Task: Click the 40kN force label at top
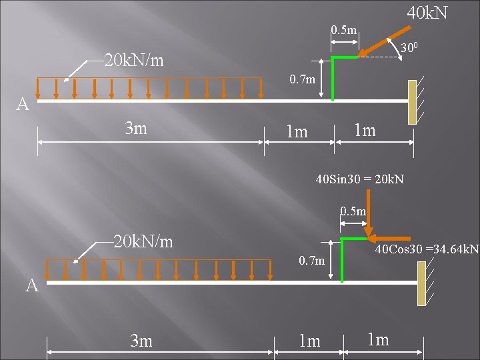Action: point(427,13)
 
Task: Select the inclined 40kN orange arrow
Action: point(387,41)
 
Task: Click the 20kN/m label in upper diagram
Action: point(134,61)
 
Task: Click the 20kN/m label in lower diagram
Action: point(143,241)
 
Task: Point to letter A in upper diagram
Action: point(23,105)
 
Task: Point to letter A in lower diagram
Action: point(32,285)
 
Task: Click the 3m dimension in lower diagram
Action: point(141,341)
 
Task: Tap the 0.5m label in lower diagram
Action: point(353,212)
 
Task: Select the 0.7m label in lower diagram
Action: point(311,259)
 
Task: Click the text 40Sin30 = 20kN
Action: point(360,179)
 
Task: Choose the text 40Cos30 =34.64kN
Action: point(427,250)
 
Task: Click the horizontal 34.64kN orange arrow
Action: point(392,237)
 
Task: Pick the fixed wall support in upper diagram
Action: point(412,101)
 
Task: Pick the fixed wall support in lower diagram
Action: point(421,283)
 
